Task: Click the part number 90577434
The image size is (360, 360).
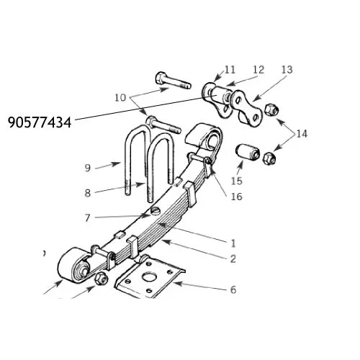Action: (x=40, y=122)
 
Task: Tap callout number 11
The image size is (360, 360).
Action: (x=230, y=70)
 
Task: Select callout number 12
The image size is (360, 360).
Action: (x=258, y=70)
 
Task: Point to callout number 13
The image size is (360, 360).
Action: (x=287, y=70)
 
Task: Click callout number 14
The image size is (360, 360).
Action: (x=302, y=134)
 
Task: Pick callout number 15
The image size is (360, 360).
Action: (x=237, y=181)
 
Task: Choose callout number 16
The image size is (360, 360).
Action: (x=237, y=197)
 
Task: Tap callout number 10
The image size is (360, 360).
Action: (x=120, y=98)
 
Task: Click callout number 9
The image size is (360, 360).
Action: (x=88, y=168)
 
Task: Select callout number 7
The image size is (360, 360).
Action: (x=88, y=218)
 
